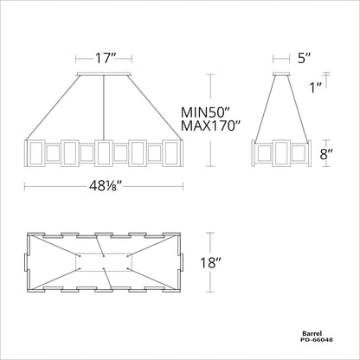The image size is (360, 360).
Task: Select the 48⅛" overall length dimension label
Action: coord(106,184)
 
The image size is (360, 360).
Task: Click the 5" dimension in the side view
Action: coord(302,60)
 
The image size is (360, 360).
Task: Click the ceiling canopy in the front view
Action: coord(106,75)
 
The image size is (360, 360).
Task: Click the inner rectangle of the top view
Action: coord(106,262)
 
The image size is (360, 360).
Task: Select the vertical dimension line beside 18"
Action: coord(212,262)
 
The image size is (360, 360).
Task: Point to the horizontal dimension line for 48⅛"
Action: coord(52,184)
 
